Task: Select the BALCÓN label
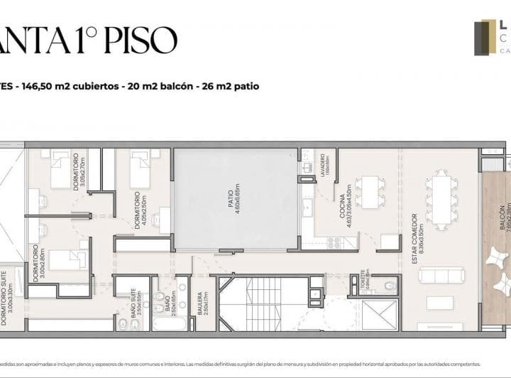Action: (502, 224)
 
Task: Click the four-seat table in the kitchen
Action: (369, 191)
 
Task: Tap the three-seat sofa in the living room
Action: (441, 275)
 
